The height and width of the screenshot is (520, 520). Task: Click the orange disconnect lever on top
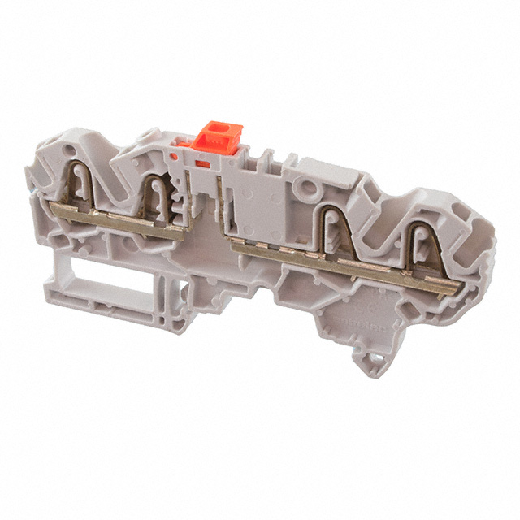point(220,136)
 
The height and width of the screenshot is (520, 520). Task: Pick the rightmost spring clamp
point(422,251)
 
